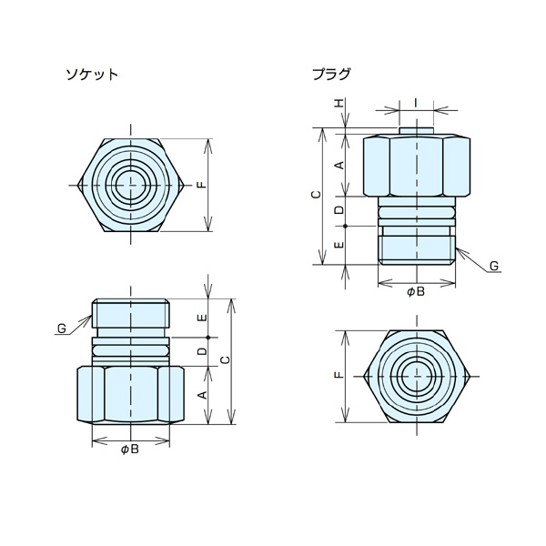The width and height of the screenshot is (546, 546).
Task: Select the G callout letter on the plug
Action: (x=492, y=266)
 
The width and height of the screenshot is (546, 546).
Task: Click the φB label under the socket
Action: (x=130, y=450)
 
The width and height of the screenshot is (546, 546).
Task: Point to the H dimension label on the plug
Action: (x=339, y=106)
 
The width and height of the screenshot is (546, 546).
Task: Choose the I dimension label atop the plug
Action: (x=416, y=102)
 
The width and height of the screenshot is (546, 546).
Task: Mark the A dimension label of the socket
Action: (x=202, y=394)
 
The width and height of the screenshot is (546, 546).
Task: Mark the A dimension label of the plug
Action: (x=339, y=164)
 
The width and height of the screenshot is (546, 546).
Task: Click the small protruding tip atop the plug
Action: (x=416, y=131)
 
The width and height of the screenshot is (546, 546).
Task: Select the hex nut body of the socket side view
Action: (x=131, y=394)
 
